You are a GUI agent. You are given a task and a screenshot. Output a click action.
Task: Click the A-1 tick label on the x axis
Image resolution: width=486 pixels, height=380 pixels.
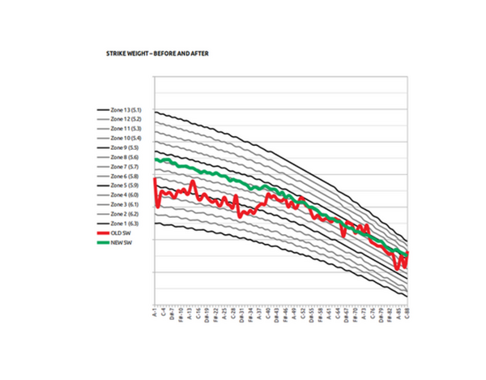click(154, 312)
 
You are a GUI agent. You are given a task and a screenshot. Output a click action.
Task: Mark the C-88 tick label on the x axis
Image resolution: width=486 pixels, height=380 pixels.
click(407, 312)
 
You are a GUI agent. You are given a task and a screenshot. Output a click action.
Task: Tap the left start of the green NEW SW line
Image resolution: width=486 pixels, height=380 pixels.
click(155, 160)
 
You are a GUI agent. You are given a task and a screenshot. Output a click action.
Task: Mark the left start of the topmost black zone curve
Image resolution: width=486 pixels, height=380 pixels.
click(155, 112)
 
